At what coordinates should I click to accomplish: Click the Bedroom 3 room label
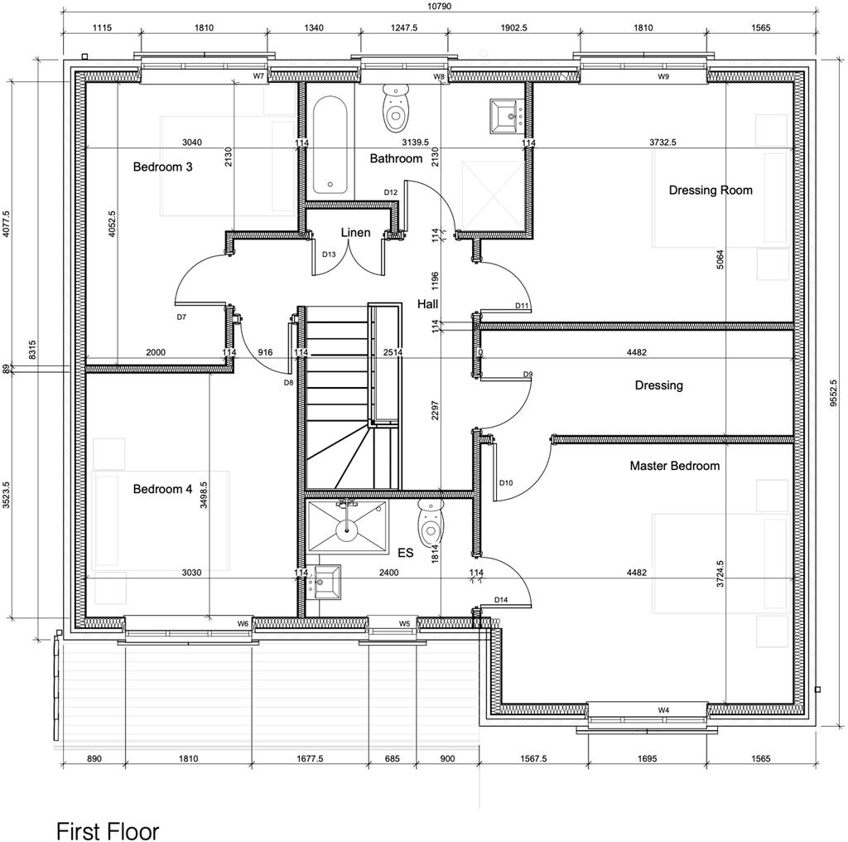(x=162, y=167)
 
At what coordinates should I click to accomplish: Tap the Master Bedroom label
(x=674, y=466)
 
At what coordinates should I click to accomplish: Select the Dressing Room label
(x=711, y=191)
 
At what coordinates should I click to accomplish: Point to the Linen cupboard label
(x=355, y=233)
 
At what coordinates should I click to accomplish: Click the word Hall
(x=427, y=304)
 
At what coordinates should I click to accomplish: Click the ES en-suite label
(x=405, y=553)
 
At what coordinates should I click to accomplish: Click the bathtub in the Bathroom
(x=330, y=145)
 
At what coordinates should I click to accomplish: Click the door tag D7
(x=181, y=317)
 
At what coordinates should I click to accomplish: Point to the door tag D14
(x=500, y=600)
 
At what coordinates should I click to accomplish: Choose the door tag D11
(x=522, y=306)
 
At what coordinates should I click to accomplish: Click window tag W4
(x=663, y=710)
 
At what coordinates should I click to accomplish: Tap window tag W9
(x=663, y=76)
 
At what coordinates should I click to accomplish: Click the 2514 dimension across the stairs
(x=393, y=353)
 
